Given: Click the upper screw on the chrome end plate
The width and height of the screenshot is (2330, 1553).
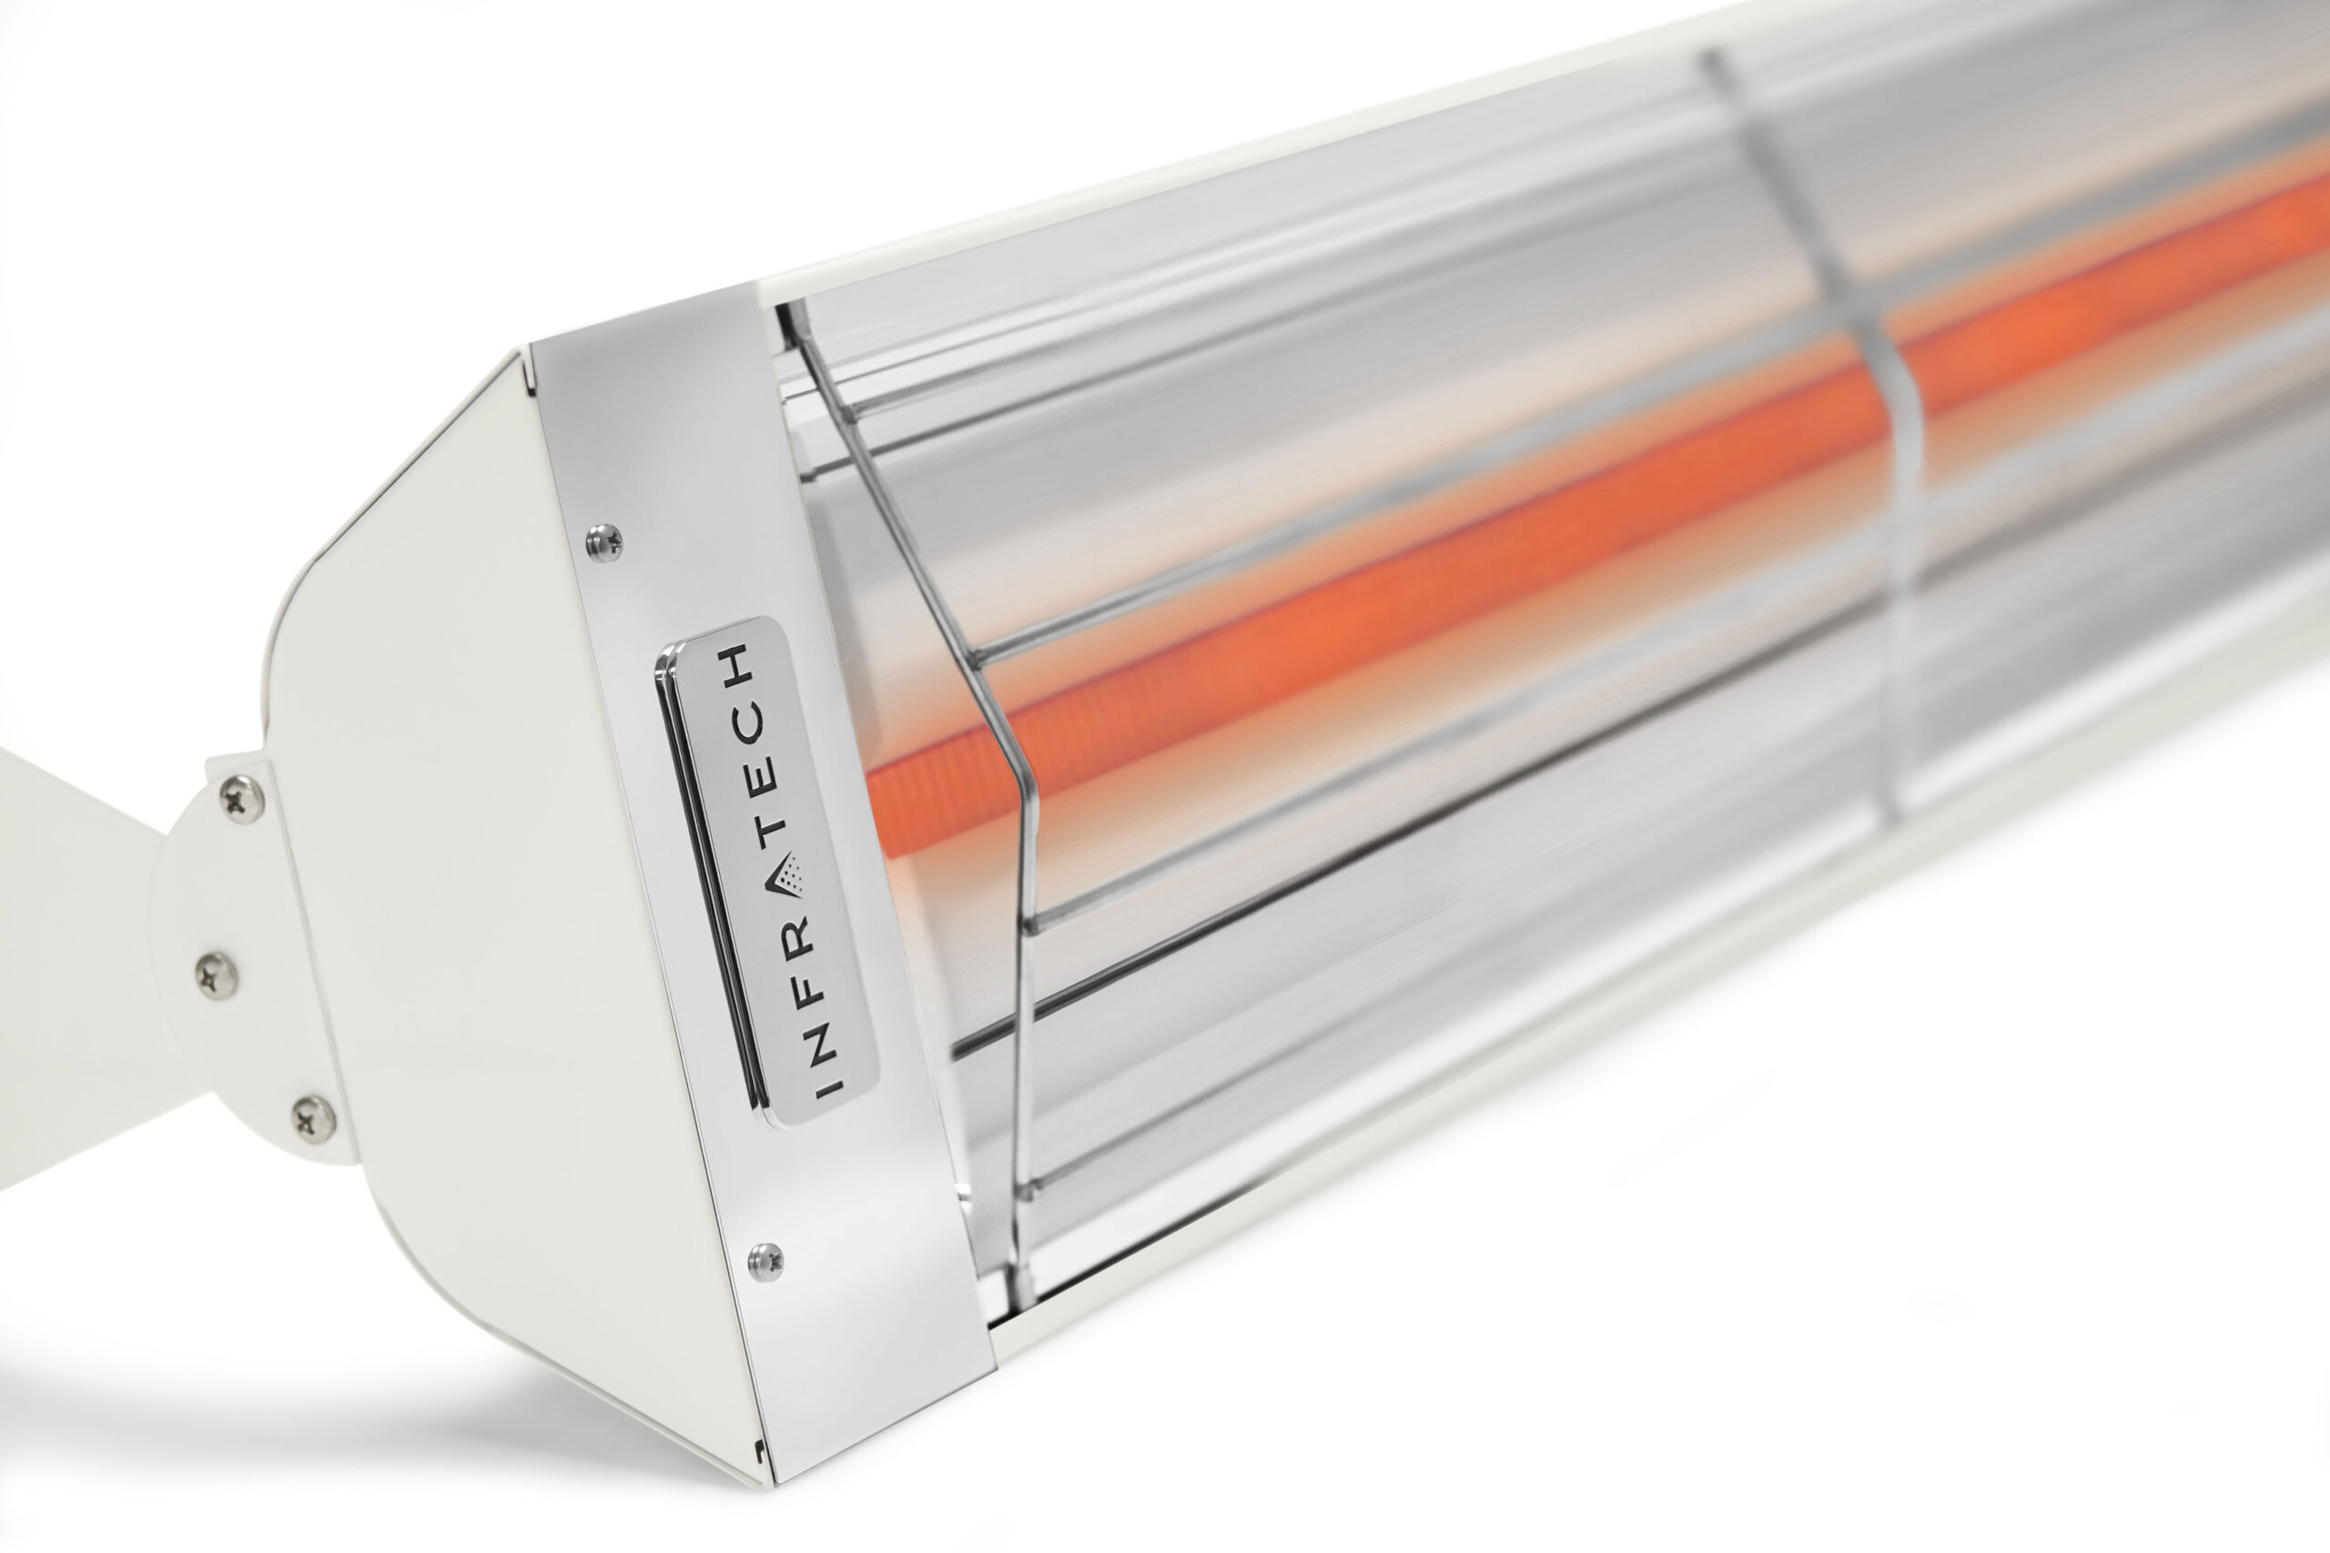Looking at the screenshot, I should (604, 540).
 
